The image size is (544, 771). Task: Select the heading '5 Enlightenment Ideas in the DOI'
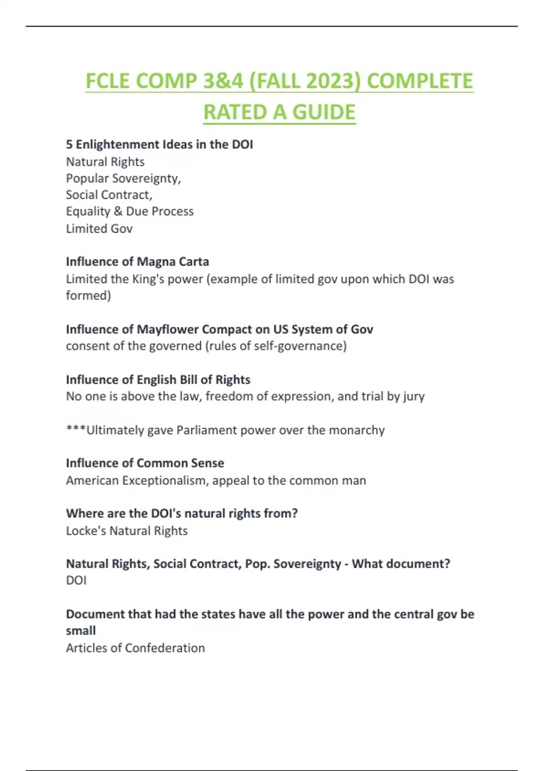(x=159, y=144)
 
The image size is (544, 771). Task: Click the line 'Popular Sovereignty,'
(x=123, y=178)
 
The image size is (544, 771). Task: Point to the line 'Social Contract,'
(x=109, y=195)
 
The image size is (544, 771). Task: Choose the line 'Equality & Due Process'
(x=130, y=211)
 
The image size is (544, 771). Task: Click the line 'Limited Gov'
(x=99, y=229)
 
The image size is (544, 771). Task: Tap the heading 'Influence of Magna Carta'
(x=137, y=262)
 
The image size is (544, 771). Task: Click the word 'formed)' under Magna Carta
(x=88, y=296)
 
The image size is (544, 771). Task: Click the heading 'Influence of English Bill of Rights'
(x=158, y=380)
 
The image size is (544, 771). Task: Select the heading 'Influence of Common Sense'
(x=145, y=463)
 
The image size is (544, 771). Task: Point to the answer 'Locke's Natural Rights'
(x=127, y=531)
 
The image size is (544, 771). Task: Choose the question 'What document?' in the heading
(x=401, y=564)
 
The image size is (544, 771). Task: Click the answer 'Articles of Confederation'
(x=136, y=648)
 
